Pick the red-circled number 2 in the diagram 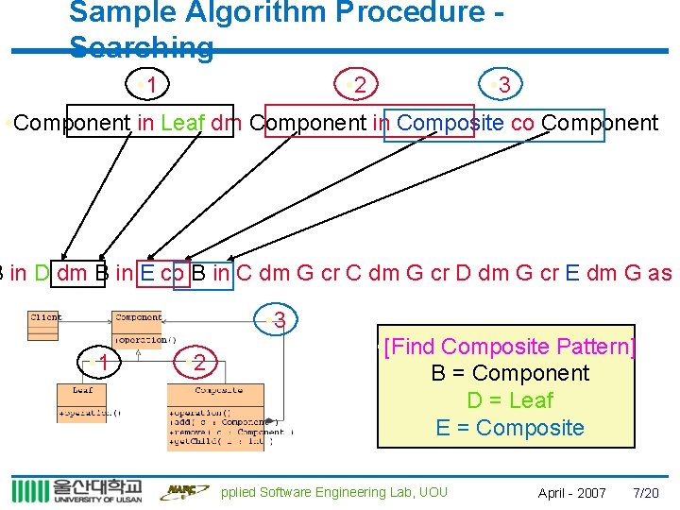coord(199,362)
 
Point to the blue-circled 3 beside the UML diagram coord(277,321)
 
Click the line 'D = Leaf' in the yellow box coord(510,400)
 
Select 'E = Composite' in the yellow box coord(510,428)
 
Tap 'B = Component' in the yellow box coord(510,373)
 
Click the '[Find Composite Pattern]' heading coord(510,347)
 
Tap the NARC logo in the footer coord(182,491)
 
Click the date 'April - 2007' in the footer coord(571,493)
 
